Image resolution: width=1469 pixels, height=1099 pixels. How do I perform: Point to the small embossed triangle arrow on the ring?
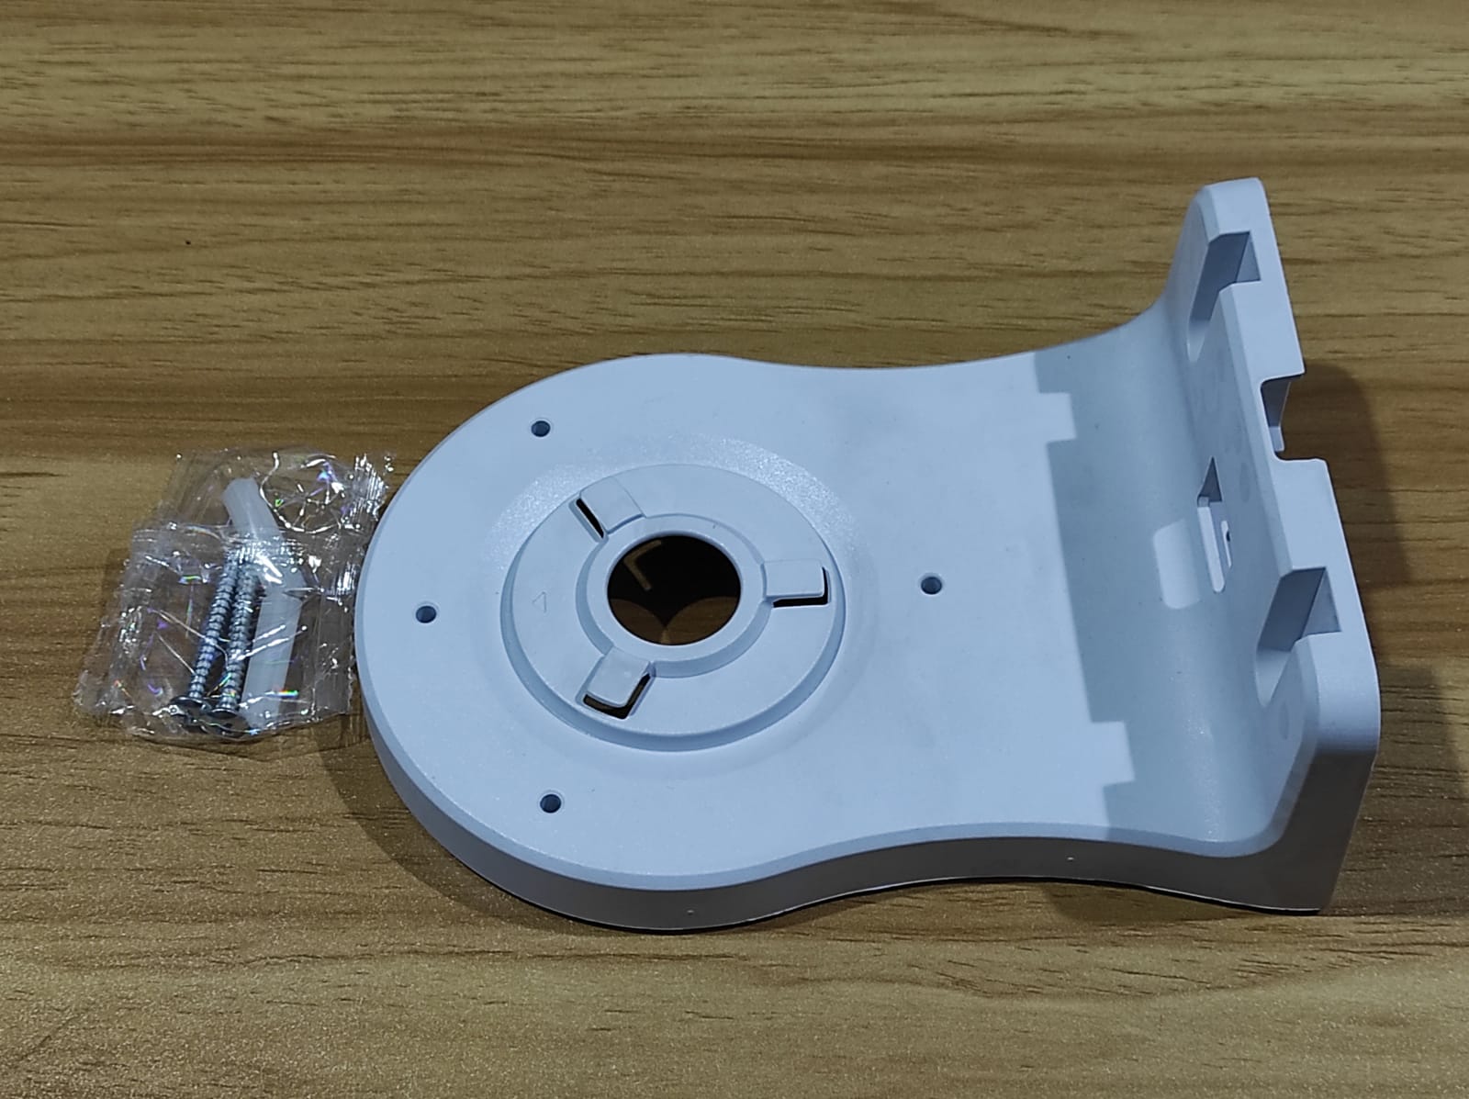pos(541,601)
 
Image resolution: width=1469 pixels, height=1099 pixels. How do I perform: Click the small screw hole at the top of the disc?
pos(541,428)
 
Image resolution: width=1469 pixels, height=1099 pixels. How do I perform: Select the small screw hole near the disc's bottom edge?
pos(551,802)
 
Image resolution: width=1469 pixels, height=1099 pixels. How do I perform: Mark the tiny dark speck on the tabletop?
pos(187,245)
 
